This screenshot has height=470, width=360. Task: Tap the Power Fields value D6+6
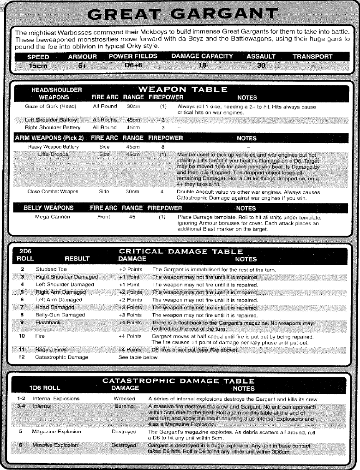point(133,65)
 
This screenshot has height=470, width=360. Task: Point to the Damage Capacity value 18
point(202,65)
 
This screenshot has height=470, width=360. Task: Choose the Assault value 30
point(261,65)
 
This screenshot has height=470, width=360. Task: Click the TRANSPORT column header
point(312,57)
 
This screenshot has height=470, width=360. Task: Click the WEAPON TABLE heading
point(183,89)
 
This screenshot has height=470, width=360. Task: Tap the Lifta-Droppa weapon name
point(54,154)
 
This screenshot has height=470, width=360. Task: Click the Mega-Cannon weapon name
point(53,216)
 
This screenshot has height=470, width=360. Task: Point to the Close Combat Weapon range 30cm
point(132,191)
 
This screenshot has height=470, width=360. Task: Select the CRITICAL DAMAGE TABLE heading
point(181,251)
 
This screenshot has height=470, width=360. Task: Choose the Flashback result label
point(48,322)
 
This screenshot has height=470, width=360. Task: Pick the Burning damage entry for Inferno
point(124,406)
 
